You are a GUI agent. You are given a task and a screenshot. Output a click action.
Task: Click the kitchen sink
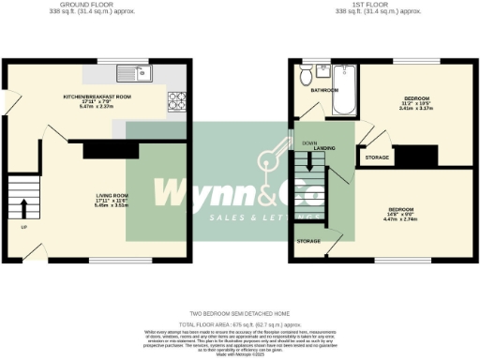point(134,72)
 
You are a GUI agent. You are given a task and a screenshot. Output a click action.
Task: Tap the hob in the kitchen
point(176,99)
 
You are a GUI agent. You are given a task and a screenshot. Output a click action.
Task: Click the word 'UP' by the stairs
point(23,227)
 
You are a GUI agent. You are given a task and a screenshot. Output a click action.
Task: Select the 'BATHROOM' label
point(325,90)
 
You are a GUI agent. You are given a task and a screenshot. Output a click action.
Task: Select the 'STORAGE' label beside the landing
point(377,158)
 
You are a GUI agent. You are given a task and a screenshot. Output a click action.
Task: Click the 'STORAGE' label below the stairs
point(307,241)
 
